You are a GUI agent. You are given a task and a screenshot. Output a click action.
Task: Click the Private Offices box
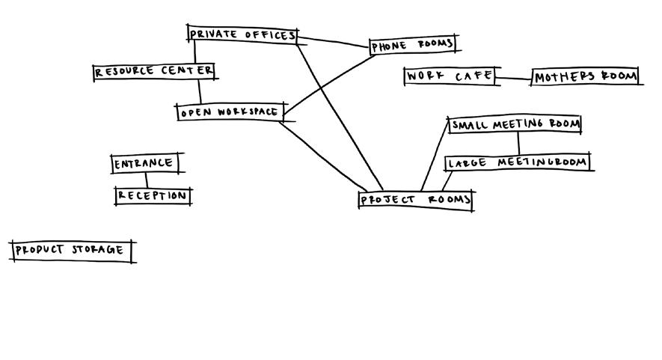(x=242, y=34)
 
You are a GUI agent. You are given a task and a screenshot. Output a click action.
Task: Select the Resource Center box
(x=154, y=72)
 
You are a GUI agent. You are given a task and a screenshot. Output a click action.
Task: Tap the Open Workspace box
(x=230, y=112)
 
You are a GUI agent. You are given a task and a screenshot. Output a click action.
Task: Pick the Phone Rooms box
(x=412, y=45)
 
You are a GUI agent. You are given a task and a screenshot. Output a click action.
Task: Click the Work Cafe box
(x=449, y=76)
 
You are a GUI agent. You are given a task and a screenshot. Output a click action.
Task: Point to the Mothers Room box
(x=586, y=76)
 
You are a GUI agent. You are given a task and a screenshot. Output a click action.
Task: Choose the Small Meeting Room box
(x=515, y=125)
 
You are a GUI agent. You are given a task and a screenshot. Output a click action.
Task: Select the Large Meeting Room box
(x=518, y=162)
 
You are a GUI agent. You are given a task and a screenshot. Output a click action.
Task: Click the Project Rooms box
(x=415, y=200)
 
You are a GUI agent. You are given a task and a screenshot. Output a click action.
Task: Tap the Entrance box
(x=144, y=163)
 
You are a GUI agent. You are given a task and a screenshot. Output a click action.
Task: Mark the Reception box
(x=152, y=196)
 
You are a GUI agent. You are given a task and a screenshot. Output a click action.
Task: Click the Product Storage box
(x=72, y=250)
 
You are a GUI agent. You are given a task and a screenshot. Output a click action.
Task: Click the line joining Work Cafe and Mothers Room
(x=512, y=78)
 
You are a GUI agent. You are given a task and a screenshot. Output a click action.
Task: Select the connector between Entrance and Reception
(x=147, y=180)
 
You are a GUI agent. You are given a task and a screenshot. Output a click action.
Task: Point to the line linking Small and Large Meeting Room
(x=518, y=144)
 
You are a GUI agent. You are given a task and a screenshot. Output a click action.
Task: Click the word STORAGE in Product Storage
(x=97, y=250)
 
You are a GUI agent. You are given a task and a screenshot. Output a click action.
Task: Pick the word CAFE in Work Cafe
(x=472, y=76)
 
